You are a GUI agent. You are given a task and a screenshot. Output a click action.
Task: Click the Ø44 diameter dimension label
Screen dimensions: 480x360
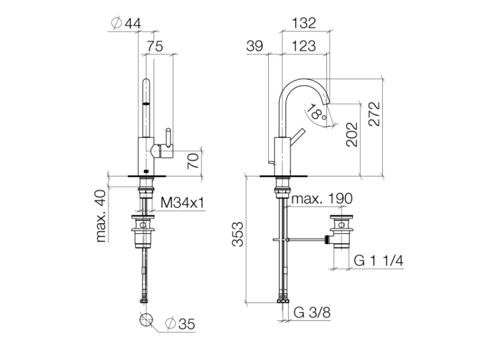click(x=126, y=24)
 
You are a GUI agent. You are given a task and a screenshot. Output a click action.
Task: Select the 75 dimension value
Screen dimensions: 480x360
click(x=155, y=47)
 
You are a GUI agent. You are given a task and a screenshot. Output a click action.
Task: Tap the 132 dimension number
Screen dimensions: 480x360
click(x=303, y=23)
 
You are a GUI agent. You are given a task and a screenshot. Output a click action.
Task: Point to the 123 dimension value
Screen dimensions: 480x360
click(x=303, y=46)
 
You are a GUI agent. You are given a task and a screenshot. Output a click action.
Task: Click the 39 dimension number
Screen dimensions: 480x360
click(x=254, y=46)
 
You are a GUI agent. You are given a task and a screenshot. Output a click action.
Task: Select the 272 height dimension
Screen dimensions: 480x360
click(x=374, y=114)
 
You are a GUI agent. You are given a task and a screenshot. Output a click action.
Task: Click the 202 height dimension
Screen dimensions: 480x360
click(x=352, y=134)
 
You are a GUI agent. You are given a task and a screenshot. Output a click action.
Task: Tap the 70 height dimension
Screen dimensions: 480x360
click(x=193, y=161)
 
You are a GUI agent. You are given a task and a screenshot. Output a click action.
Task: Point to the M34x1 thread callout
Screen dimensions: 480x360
click(x=182, y=203)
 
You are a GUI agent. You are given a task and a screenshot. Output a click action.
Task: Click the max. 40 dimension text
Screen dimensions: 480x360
click(x=100, y=216)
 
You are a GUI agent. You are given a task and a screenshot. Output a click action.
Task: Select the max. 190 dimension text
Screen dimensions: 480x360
click(x=322, y=199)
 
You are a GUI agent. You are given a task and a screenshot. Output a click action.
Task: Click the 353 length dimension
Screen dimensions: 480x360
click(x=237, y=234)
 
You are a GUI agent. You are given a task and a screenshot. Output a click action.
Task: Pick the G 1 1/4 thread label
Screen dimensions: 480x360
click(x=378, y=261)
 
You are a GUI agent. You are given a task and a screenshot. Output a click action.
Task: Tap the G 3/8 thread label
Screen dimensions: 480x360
click(x=312, y=313)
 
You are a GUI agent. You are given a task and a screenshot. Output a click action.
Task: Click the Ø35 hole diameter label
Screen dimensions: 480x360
click(x=180, y=324)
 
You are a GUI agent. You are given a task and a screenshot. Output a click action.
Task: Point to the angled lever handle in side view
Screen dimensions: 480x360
click(x=296, y=135)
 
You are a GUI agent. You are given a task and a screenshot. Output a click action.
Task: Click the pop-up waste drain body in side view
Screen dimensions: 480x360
click(x=341, y=231)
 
